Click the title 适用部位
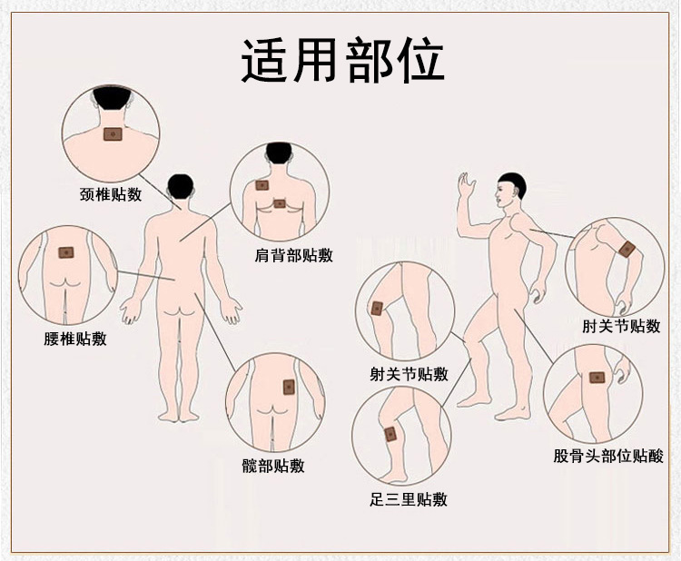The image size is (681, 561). click(342, 60)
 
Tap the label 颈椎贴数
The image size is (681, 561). click(111, 194)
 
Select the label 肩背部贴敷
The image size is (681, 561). click(293, 255)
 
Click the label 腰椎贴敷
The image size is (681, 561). click(75, 339)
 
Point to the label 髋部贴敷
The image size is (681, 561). click(273, 466)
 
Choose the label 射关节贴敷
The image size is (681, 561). click(409, 373)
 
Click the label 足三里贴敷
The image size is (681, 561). click(409, 499)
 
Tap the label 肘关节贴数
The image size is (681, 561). click(621, 326)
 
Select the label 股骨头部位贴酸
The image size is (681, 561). click(608, 456)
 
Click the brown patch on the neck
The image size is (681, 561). click(113, 134)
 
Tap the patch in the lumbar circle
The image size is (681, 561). click(66, 252)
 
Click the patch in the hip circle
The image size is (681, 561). click(289, 387)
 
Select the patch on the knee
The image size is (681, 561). click(377, 309)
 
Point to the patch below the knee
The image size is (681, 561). click(390, 434)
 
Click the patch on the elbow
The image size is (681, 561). click(627, 250)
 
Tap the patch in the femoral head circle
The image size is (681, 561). click(598, 378)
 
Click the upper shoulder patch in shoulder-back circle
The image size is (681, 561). click(262, 185)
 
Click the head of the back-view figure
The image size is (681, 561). click(181, 188)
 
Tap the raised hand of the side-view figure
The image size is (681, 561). click(467, 185)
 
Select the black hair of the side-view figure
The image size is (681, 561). click(513, 183)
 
